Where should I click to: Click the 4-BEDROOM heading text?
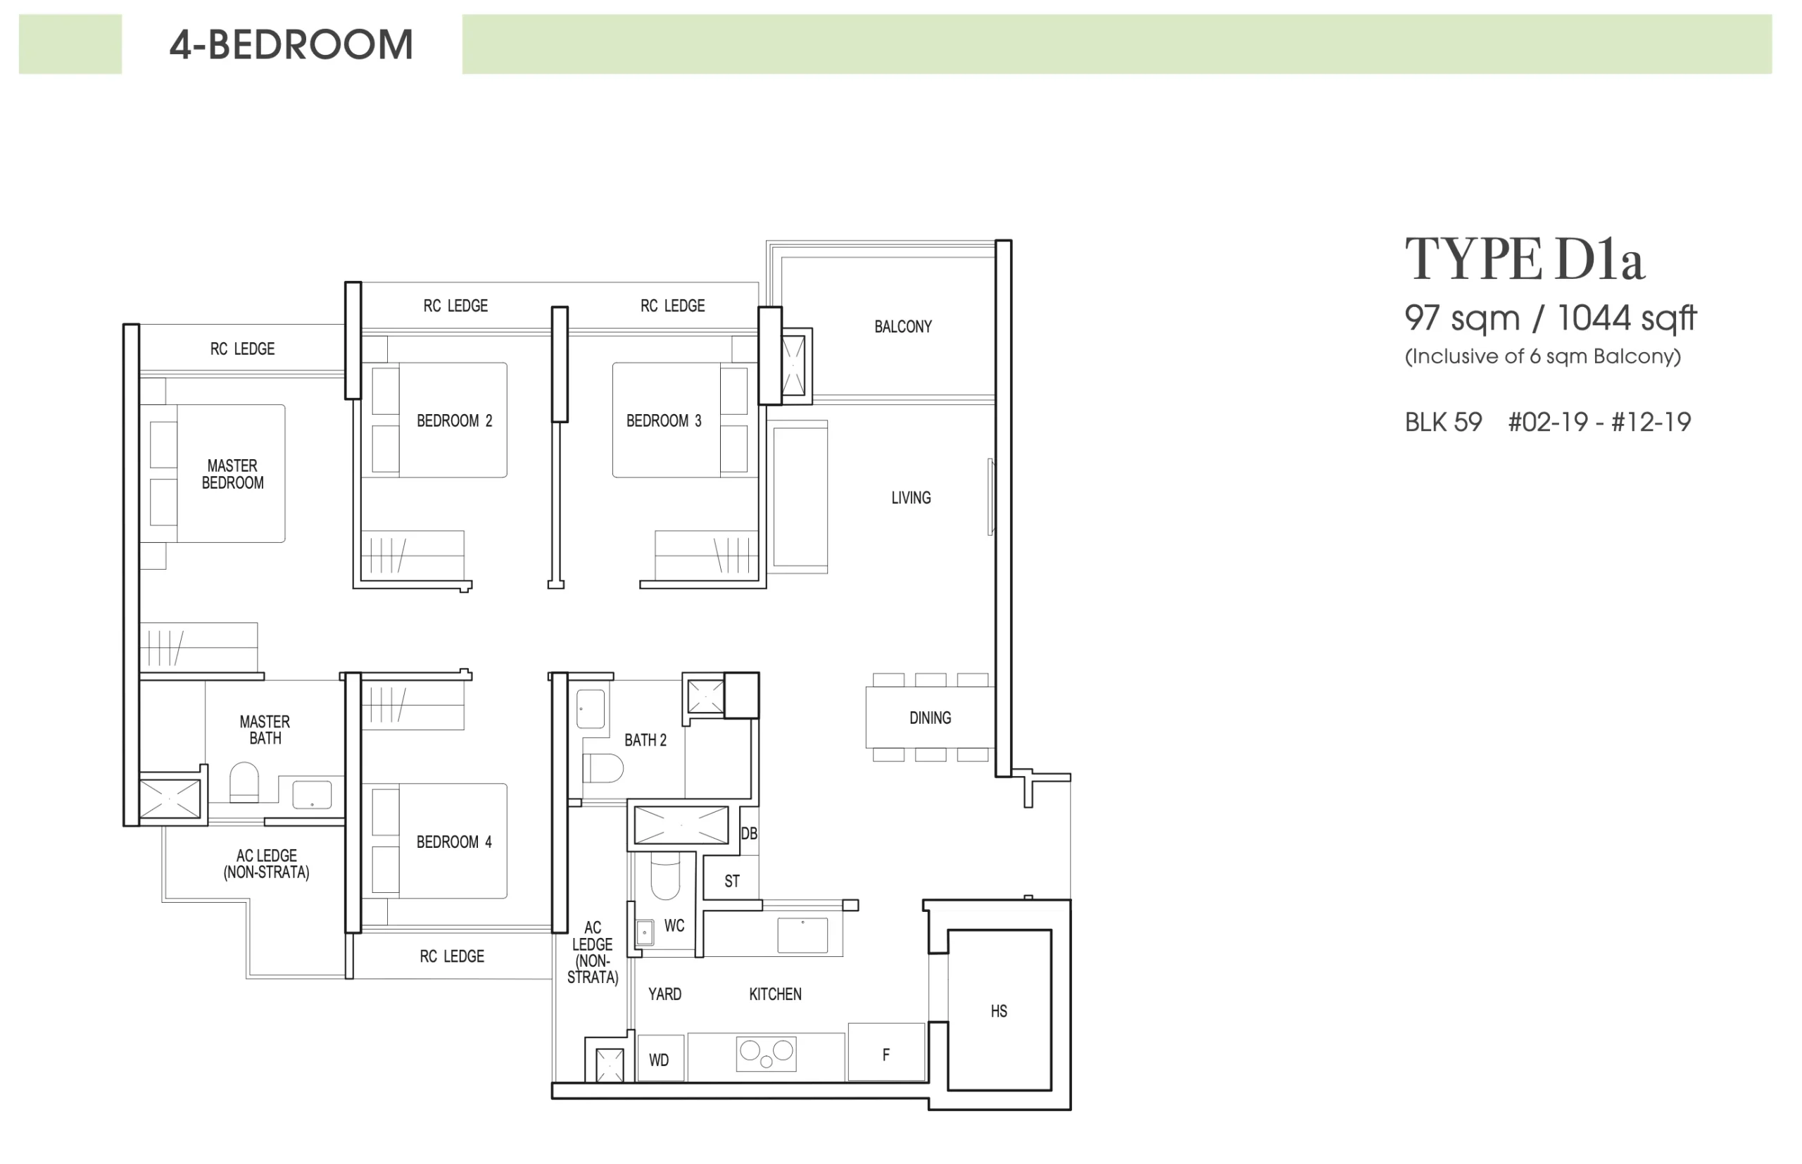click(291, 44)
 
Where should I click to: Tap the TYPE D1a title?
click(1524, 259)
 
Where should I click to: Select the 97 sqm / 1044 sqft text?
click(1551, 318)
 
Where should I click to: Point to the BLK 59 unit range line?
click(1547, 422)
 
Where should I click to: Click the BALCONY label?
click(903, 327)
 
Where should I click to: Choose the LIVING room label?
click(910, 497)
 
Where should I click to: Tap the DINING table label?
click(930, 718)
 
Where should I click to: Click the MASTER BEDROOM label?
click(233, 474)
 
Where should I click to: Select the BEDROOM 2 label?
click(454, 420)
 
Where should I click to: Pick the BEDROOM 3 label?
click(663, 420)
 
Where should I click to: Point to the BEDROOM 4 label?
click(454, 841)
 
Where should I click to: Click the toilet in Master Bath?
click(244, 782)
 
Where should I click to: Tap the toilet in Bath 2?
click(603, 768)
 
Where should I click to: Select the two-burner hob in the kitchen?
click(766, 1053)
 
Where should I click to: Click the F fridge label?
click(886, 1053)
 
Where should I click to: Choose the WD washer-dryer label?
click(659, 1060)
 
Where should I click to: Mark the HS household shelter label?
click(999, 1010)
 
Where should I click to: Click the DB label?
click(749, 833)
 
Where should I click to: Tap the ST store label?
click(731, 880)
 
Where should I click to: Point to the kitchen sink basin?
click(802, 936)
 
